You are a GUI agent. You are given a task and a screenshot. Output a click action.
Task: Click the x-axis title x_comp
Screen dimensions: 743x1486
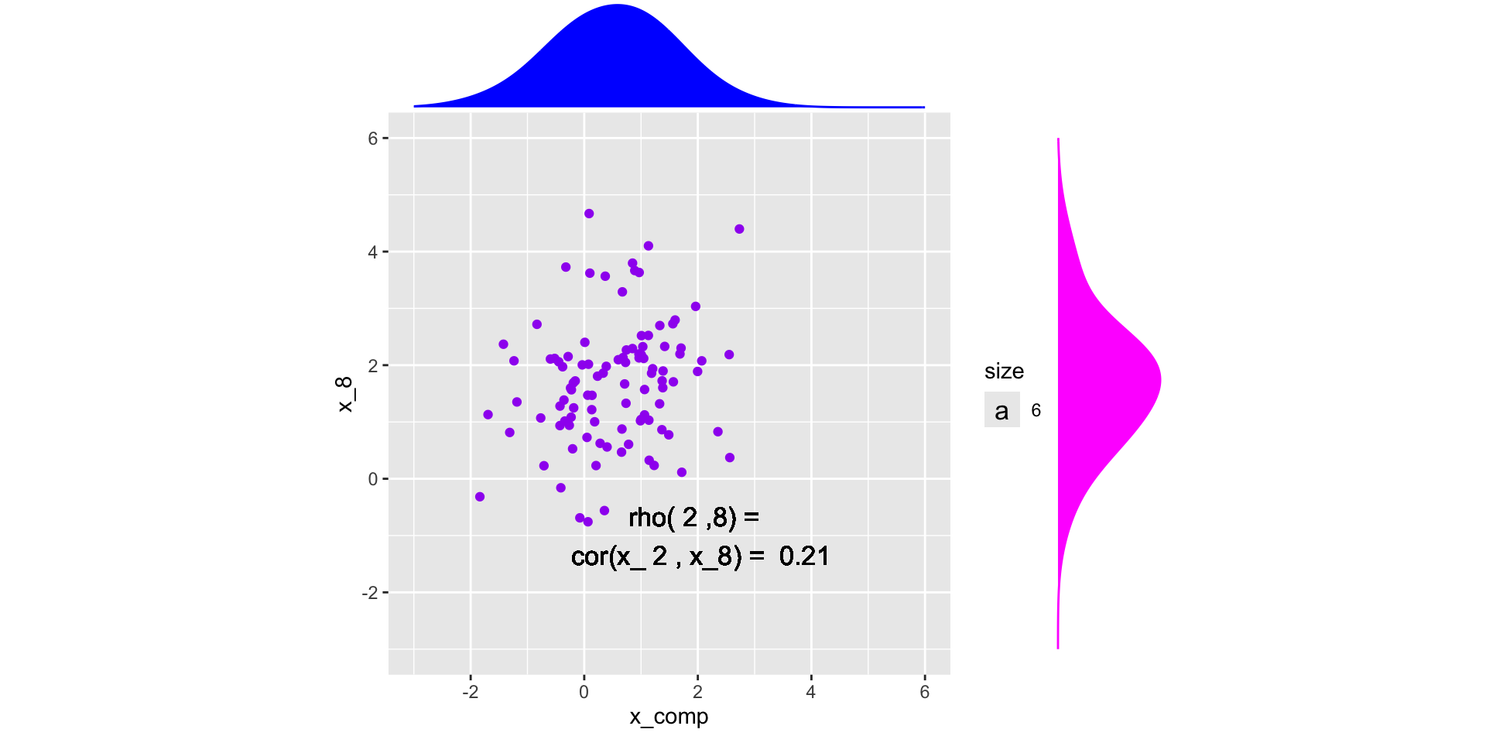coord(669,717)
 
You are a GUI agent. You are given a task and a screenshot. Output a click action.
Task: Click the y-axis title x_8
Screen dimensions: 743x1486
coord(344,394)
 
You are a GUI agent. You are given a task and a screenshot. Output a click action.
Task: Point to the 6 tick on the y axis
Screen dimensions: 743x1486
coord(373,139)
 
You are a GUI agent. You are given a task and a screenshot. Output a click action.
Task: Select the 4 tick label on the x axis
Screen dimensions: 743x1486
coord(811,692)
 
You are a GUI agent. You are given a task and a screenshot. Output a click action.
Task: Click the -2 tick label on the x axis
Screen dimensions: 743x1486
coord(470,692)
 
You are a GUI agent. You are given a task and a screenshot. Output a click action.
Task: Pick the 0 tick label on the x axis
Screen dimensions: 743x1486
coord(584,692)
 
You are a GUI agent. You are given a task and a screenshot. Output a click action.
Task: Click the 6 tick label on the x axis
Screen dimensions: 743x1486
coord(925,692)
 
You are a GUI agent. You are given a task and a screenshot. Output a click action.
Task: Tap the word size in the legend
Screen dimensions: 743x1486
coord(1004,371)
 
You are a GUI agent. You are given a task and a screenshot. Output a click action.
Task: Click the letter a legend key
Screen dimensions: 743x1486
coord(1002,410)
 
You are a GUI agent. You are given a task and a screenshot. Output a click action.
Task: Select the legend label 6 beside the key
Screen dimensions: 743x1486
coord(1036,410)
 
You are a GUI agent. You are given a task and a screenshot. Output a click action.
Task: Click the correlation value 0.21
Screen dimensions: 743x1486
coord(804,556)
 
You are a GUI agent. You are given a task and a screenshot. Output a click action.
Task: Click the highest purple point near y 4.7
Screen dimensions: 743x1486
coord(589,214)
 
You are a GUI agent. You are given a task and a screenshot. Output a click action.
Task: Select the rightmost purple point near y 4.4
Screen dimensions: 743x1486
coord(739,229)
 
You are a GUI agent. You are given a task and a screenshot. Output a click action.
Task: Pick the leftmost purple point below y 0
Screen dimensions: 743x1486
coord(480,497)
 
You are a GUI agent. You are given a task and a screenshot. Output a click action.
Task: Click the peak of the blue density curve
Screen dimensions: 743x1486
coord(617,6)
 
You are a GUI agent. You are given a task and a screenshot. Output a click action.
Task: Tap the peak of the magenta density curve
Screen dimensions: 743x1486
coord(1159,379)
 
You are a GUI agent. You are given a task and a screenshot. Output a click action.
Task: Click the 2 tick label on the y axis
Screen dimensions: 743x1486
coord(373,365)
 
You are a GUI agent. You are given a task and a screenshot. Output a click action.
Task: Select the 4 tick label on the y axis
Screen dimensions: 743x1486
coord(373,252)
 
